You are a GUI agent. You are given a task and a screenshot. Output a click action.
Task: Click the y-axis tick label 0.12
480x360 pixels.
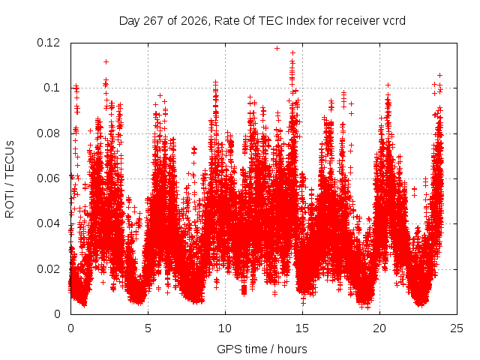(x=48, y=43)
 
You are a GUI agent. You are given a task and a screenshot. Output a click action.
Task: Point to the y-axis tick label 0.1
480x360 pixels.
(x=52, y=88)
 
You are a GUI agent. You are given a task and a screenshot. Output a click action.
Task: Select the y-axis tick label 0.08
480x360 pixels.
(x=48, y=133)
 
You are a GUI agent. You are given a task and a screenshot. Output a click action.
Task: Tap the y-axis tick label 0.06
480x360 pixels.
(x=48, y=178)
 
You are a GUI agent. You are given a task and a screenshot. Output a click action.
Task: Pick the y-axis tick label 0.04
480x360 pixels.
(x=48, y=223)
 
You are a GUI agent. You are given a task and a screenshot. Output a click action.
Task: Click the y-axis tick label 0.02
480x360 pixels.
(x=48, y=269)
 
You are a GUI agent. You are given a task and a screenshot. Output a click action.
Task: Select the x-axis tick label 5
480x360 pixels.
(x=148, y=328)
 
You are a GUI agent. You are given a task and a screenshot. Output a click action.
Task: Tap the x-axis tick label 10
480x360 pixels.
(x=225, y=328)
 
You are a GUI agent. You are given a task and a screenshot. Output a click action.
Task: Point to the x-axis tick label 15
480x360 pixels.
(x=302, y=328)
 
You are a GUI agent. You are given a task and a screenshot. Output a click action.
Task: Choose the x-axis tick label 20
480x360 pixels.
(x=379, y=328)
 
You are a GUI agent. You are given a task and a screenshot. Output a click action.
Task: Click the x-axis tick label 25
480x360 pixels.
(x=457, y=328)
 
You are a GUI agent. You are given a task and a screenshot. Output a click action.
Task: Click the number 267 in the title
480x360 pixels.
(x=153, y=21)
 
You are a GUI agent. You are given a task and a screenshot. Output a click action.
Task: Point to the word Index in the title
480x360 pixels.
(x=301, y=21)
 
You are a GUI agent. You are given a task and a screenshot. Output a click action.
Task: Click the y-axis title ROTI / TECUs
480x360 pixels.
(x=10, y=179)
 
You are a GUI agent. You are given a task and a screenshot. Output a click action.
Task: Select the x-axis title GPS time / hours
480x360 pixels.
(x=262, y=349)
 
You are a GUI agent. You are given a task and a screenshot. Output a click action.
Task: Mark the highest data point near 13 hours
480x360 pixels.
(x=277, y=48)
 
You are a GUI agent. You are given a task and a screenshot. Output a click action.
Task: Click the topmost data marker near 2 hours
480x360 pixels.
(x=106, y=61)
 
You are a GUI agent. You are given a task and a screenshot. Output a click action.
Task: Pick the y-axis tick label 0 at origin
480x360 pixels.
(x=57, y=314)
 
